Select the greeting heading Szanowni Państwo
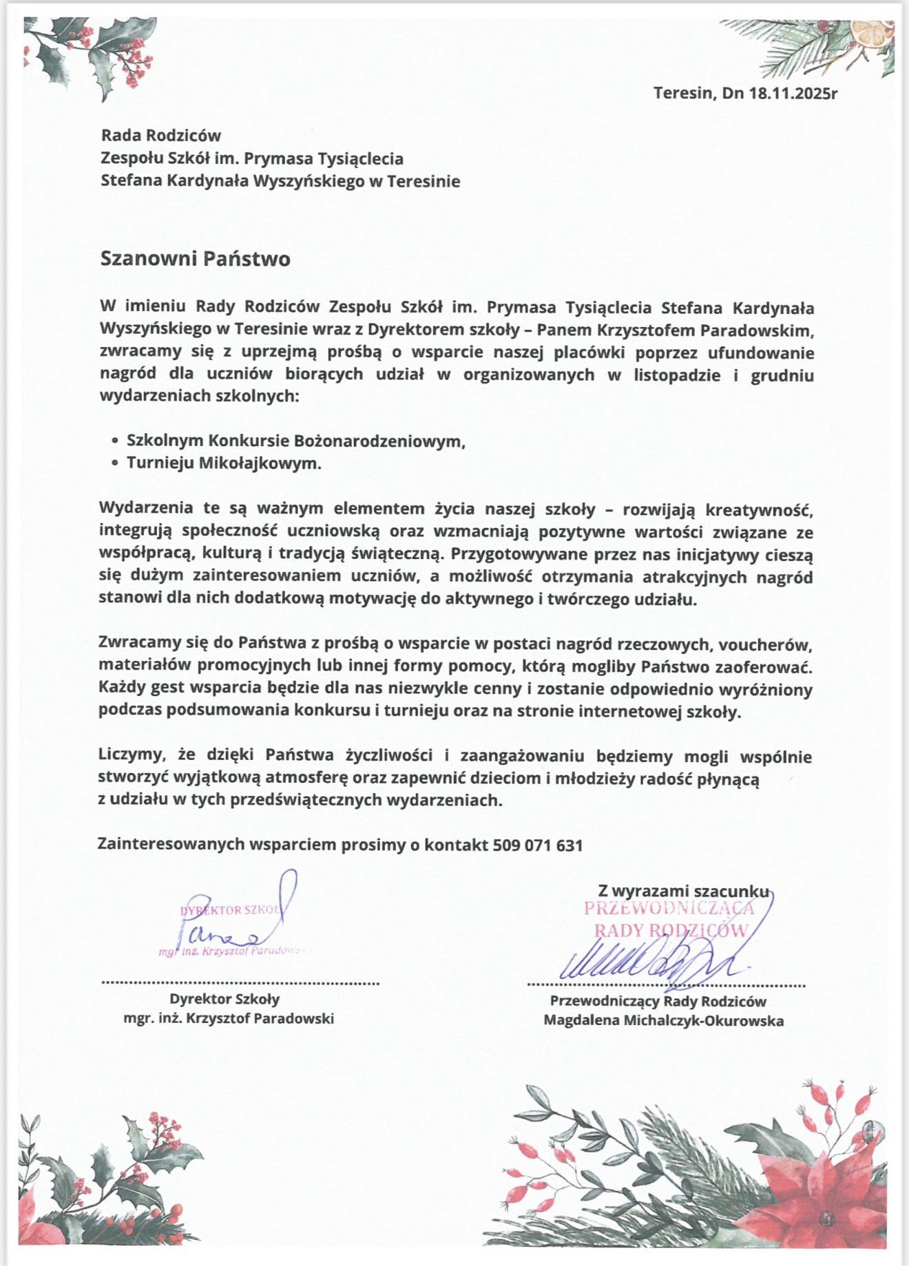195,259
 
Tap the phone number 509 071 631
538,845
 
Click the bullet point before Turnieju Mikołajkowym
115,464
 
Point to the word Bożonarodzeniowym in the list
379,441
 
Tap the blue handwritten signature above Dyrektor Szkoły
234,922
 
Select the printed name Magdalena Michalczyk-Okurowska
663,1020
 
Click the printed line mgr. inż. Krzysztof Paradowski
229,1018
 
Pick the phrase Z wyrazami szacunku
682,891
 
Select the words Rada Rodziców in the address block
160,136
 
